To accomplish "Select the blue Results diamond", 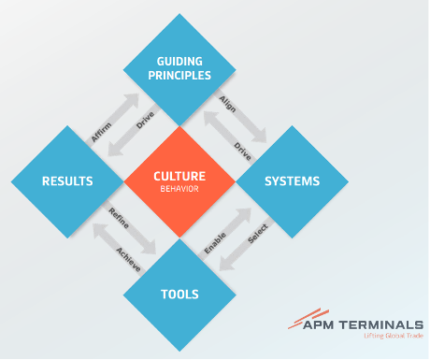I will pos(66,180).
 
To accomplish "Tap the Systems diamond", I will pos(292,180).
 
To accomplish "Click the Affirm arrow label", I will pos(102,133).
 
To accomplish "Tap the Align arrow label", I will pos(227,103).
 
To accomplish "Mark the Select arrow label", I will pos(258,236).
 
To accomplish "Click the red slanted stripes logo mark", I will pos(300,320).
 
